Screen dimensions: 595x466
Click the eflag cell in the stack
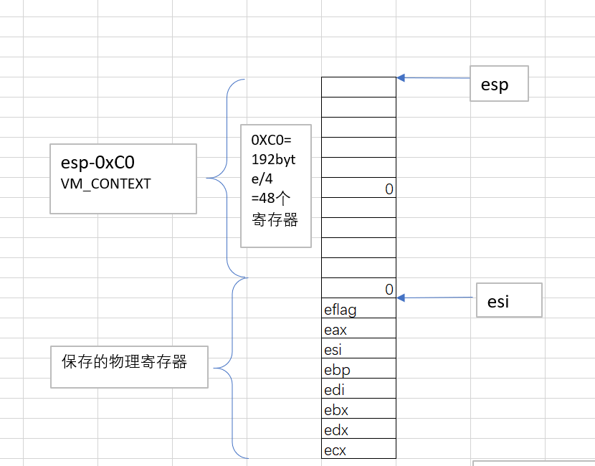[x=358, y=308]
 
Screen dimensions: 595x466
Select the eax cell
[x=358, y=328]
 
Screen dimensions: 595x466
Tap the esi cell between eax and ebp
[x=358, y=348]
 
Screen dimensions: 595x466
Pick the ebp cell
[x=358, y=368]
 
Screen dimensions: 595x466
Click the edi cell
[x=358, y=388]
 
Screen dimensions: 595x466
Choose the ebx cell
[x=358, y=409]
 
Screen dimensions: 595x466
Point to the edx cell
[x=358, y=429]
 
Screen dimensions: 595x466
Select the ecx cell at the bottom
[x=358, y=449]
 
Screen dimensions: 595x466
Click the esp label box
[x=499, y=83]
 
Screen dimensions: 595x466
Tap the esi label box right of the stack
[x=509, y=300]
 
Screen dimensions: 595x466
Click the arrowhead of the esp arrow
[x=401, y=78]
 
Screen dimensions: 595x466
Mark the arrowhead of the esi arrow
[x=401, y=298]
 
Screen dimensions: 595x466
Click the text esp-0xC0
[x=97, y=163]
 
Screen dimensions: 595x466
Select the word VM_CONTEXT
[x=105, y=184]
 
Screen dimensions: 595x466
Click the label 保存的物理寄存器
[x=125, y=361]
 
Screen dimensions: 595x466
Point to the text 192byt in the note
[x=273, y=160]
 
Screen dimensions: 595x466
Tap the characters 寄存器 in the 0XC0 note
[x=275, y=219]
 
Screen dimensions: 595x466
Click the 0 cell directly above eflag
[x=358, y=287]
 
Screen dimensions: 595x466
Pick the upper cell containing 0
[x=358, y=187]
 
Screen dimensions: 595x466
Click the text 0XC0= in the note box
[x=271, y=140]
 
